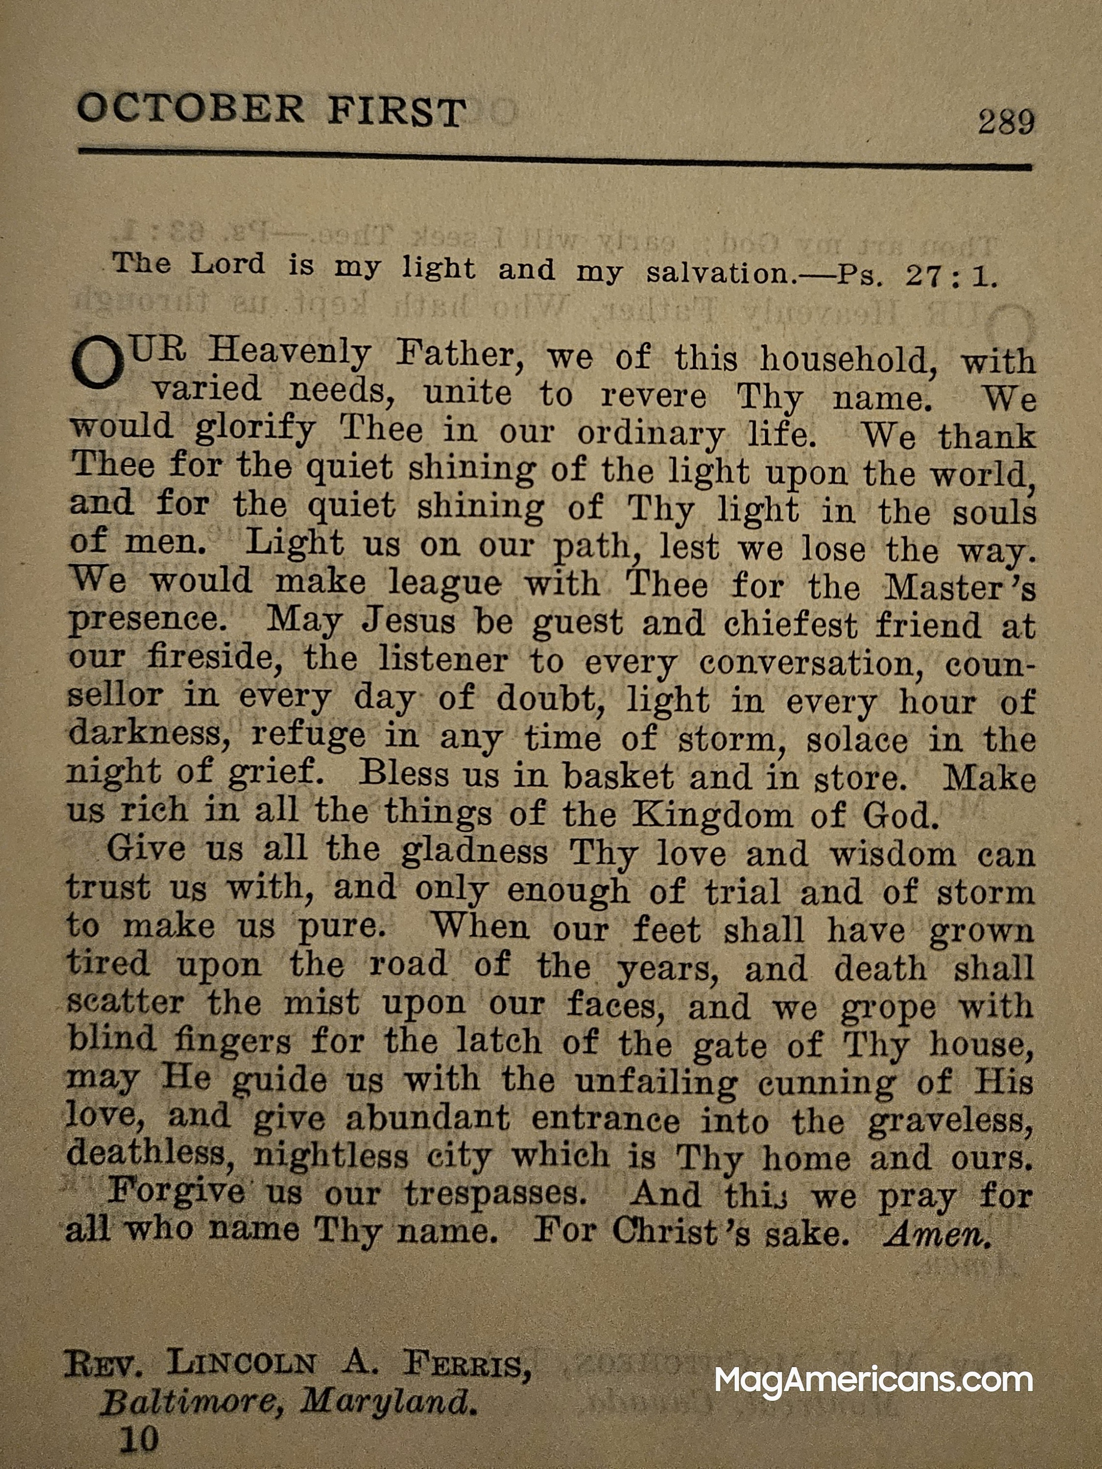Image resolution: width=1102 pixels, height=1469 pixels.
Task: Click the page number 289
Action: (x=1005, y=122)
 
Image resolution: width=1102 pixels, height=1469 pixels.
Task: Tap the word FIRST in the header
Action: (x=396, y=112)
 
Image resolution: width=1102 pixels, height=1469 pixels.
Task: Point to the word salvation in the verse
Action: (x=721, y=272)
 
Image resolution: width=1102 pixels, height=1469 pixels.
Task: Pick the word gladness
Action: (x=474, y=852)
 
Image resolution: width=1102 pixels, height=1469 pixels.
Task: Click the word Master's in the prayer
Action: (x=959, y=588)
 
